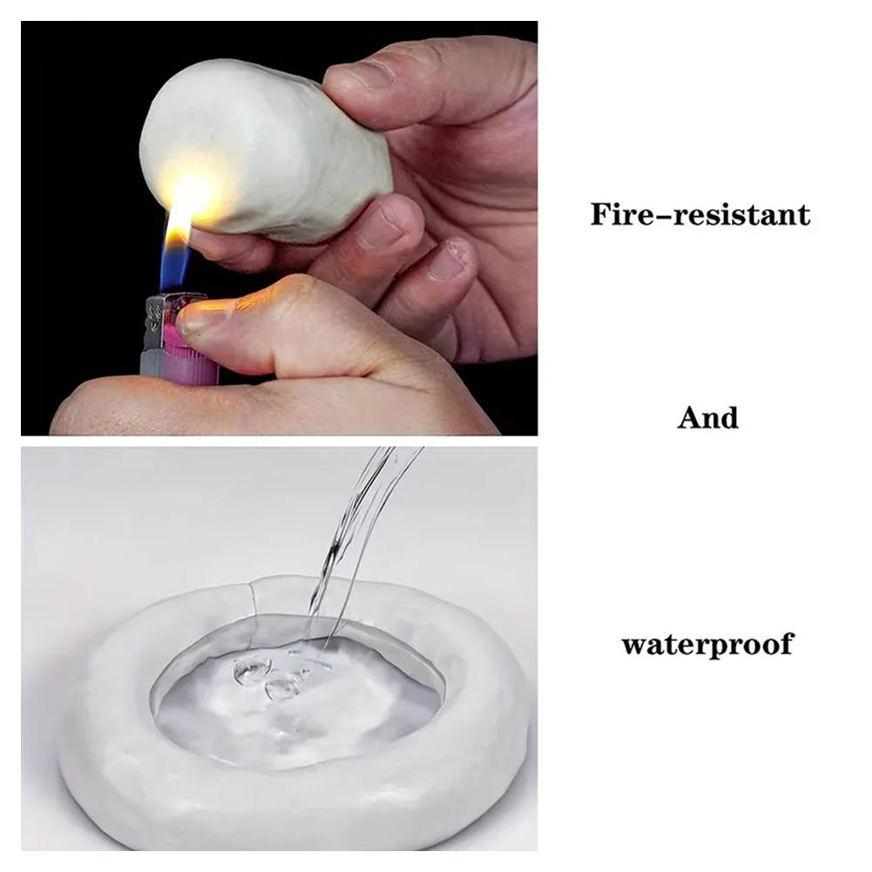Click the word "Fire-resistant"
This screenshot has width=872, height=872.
700,214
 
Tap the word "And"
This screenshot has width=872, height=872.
707,417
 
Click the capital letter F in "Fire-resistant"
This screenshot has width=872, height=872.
602,214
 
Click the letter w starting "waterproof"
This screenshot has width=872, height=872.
636,646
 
